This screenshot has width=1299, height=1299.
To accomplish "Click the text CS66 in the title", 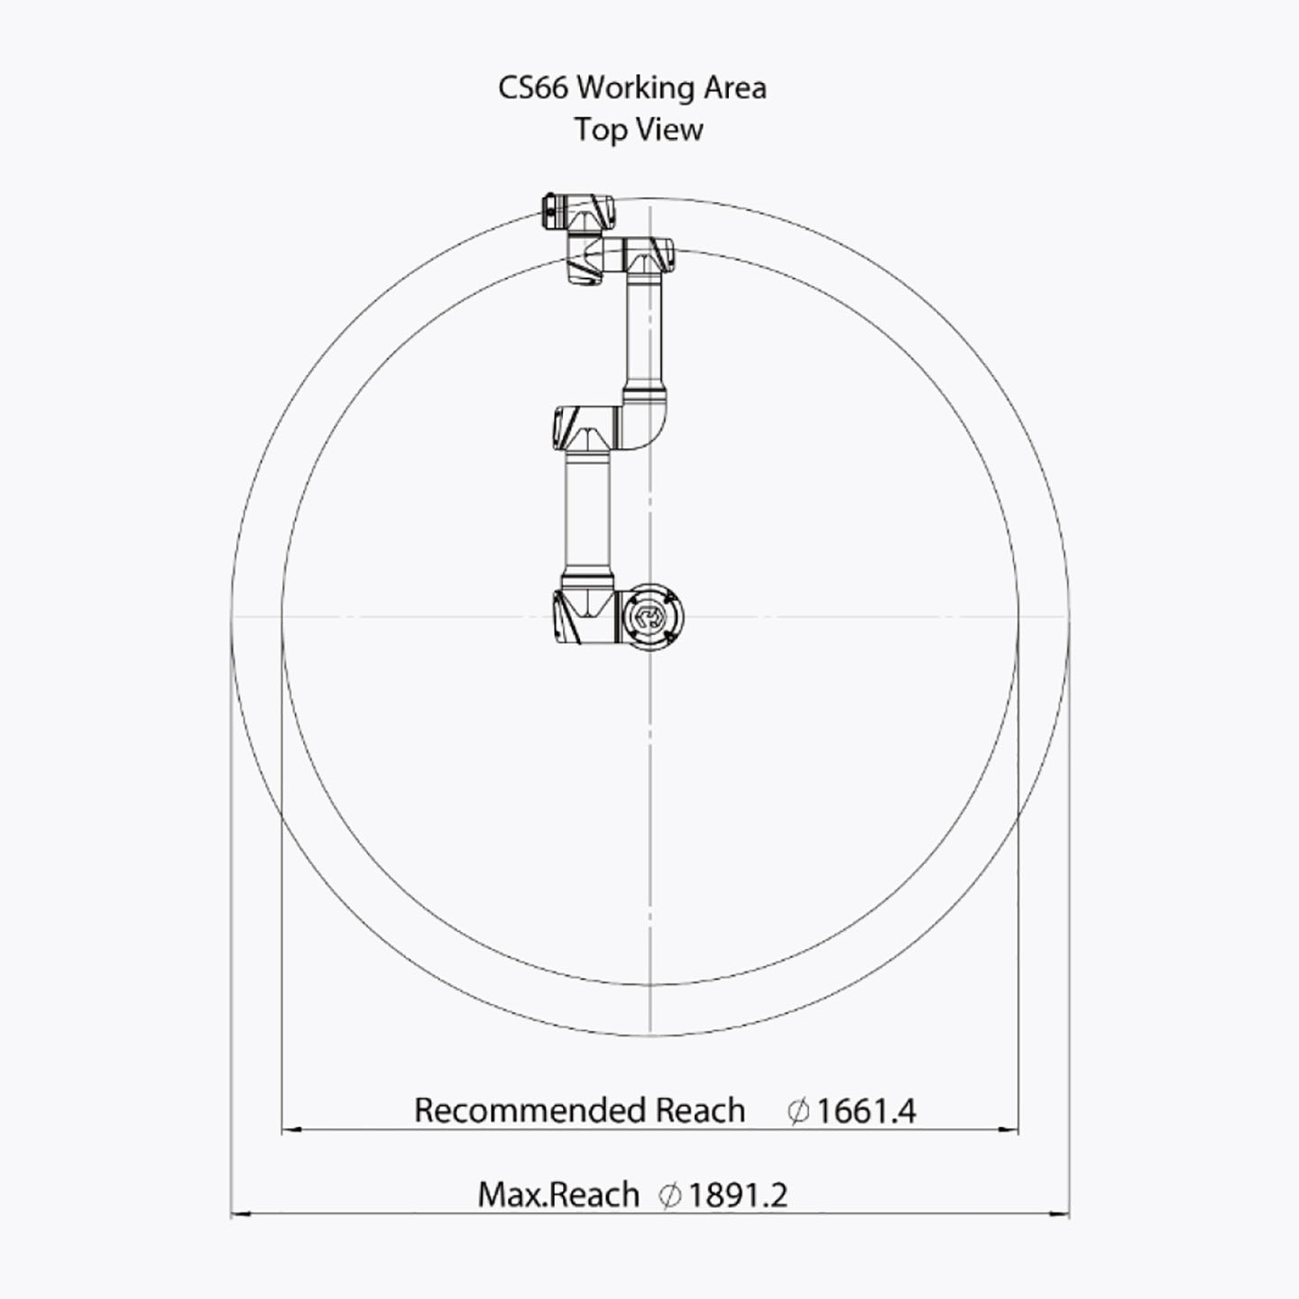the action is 533,88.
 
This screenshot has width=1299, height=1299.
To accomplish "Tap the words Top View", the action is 639,129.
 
